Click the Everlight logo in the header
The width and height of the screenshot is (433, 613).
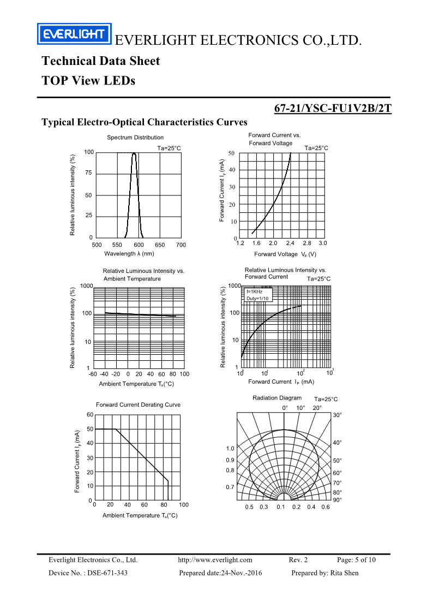coord(74,34)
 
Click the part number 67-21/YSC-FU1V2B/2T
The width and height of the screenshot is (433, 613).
coord(332,108)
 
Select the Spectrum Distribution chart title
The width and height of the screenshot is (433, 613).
coord(135,138)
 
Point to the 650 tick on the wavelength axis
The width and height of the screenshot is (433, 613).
coord(160,245)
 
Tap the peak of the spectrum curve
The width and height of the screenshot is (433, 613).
coord(134,154)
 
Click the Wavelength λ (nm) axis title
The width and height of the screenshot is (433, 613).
coord(129,253)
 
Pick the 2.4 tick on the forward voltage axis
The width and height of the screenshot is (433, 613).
coord(290,243)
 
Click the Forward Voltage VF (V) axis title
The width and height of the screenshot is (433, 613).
coord(285,254)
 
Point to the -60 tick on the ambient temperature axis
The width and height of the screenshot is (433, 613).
coord(93,374)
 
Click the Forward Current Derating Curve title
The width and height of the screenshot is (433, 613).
coord(138,404)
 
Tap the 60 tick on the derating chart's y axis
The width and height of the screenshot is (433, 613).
coord(90,415)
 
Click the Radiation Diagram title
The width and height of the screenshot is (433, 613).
coord(276,398)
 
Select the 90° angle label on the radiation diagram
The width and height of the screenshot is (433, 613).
coord(337,499)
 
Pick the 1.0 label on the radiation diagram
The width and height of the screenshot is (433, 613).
coord(230,448)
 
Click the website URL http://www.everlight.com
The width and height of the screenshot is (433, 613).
coord(215,560)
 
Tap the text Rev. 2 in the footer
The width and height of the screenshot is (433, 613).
coord(298,560)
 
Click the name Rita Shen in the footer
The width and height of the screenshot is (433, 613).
coord(345,573)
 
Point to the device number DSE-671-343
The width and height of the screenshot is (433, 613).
coord(107,573)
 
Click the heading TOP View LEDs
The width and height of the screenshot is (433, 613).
coord(88,81)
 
